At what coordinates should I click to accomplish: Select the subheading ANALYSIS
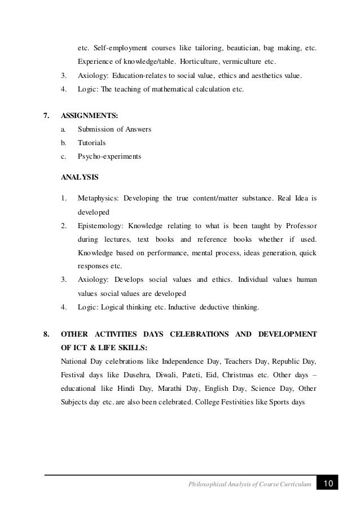79,177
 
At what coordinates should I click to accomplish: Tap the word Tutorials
91,143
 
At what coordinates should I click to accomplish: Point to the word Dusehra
131,374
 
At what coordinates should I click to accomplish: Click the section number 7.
47,116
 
